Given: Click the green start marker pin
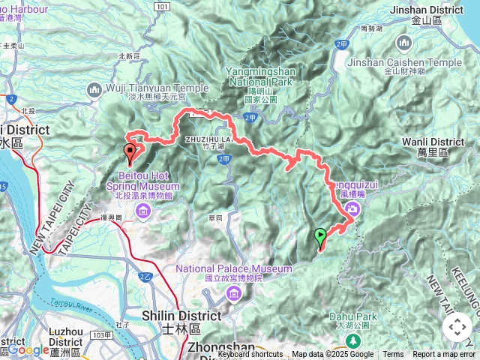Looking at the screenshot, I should click(321, 238).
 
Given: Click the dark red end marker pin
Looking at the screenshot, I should click(130, 154).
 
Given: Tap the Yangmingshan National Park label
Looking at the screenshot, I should click(262, 78).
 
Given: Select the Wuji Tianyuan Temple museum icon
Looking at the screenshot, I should click(94, 91).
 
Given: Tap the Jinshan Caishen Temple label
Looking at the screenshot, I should click(421, 63).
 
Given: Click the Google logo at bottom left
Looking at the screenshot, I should click(28, 349).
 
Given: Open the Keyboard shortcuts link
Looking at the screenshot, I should click(250, 355).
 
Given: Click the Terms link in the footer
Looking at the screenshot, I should click(393, 355).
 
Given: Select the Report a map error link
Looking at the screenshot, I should click(444, 355).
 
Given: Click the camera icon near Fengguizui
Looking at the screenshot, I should click(350, 214).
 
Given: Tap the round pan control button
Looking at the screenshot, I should click(457, 327).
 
